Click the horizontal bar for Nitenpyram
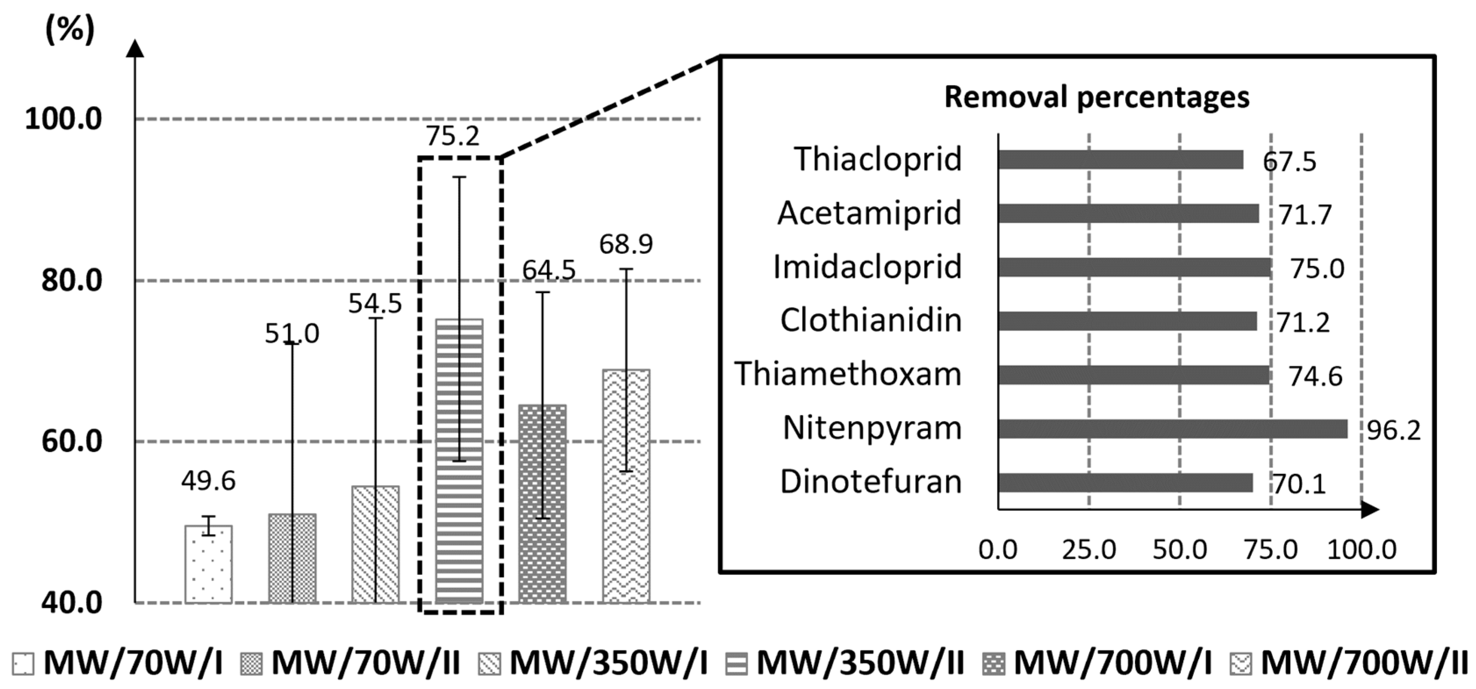(x=1172, y=429)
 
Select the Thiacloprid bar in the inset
(x=1120, y=160)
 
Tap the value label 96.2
(x=1394, y=431)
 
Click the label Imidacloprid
(x=867, y=268)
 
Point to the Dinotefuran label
(x=871, y=482)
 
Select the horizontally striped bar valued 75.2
(x=459, y=461)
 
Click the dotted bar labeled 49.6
(x=208, y=564)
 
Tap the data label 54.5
(x=375, y=303)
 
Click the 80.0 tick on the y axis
(x=72, y=281)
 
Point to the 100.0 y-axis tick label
(x=64, y=119)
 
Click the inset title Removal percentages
(x=1096, y=97)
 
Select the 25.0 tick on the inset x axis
(x=1088, y=550)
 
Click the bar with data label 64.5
(x=542, y=503)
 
